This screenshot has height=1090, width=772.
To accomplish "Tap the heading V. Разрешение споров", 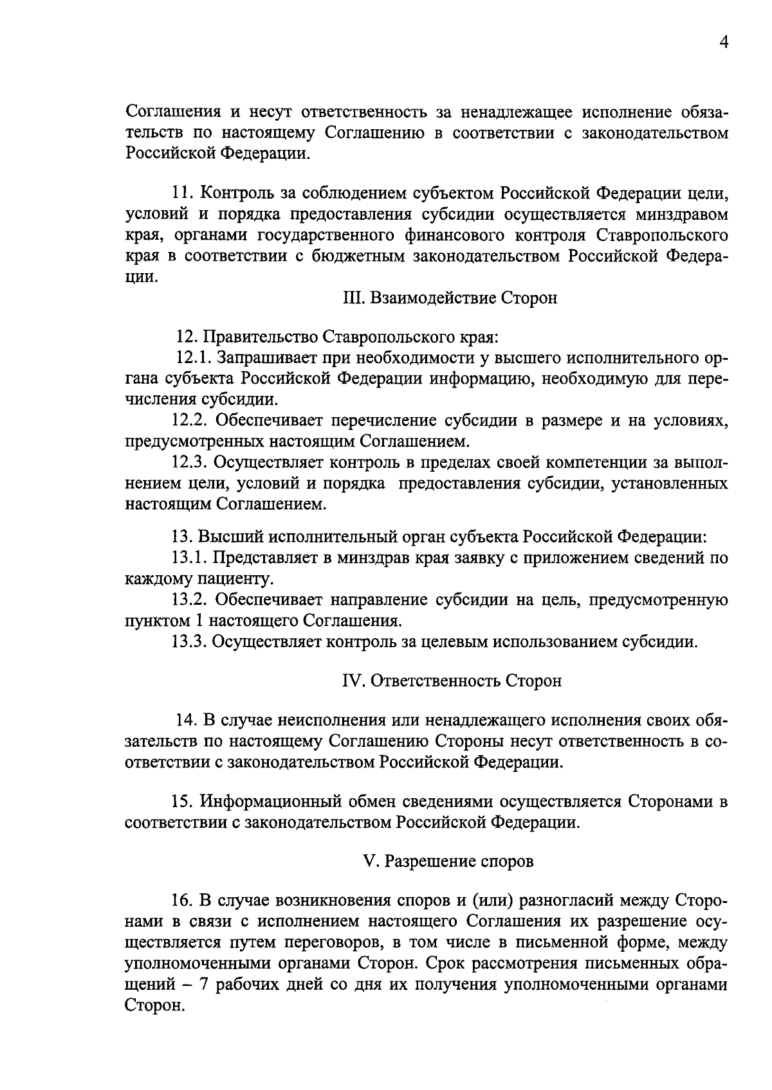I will (448, 862).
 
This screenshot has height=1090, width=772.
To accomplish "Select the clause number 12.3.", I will (189, 463).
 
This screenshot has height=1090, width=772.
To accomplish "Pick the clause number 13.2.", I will (189, 600).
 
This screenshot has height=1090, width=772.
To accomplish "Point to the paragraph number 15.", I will (183, 802).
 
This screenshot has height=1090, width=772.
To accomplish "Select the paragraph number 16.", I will (183, 899).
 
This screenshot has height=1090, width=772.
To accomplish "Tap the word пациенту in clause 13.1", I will (227, 579).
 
